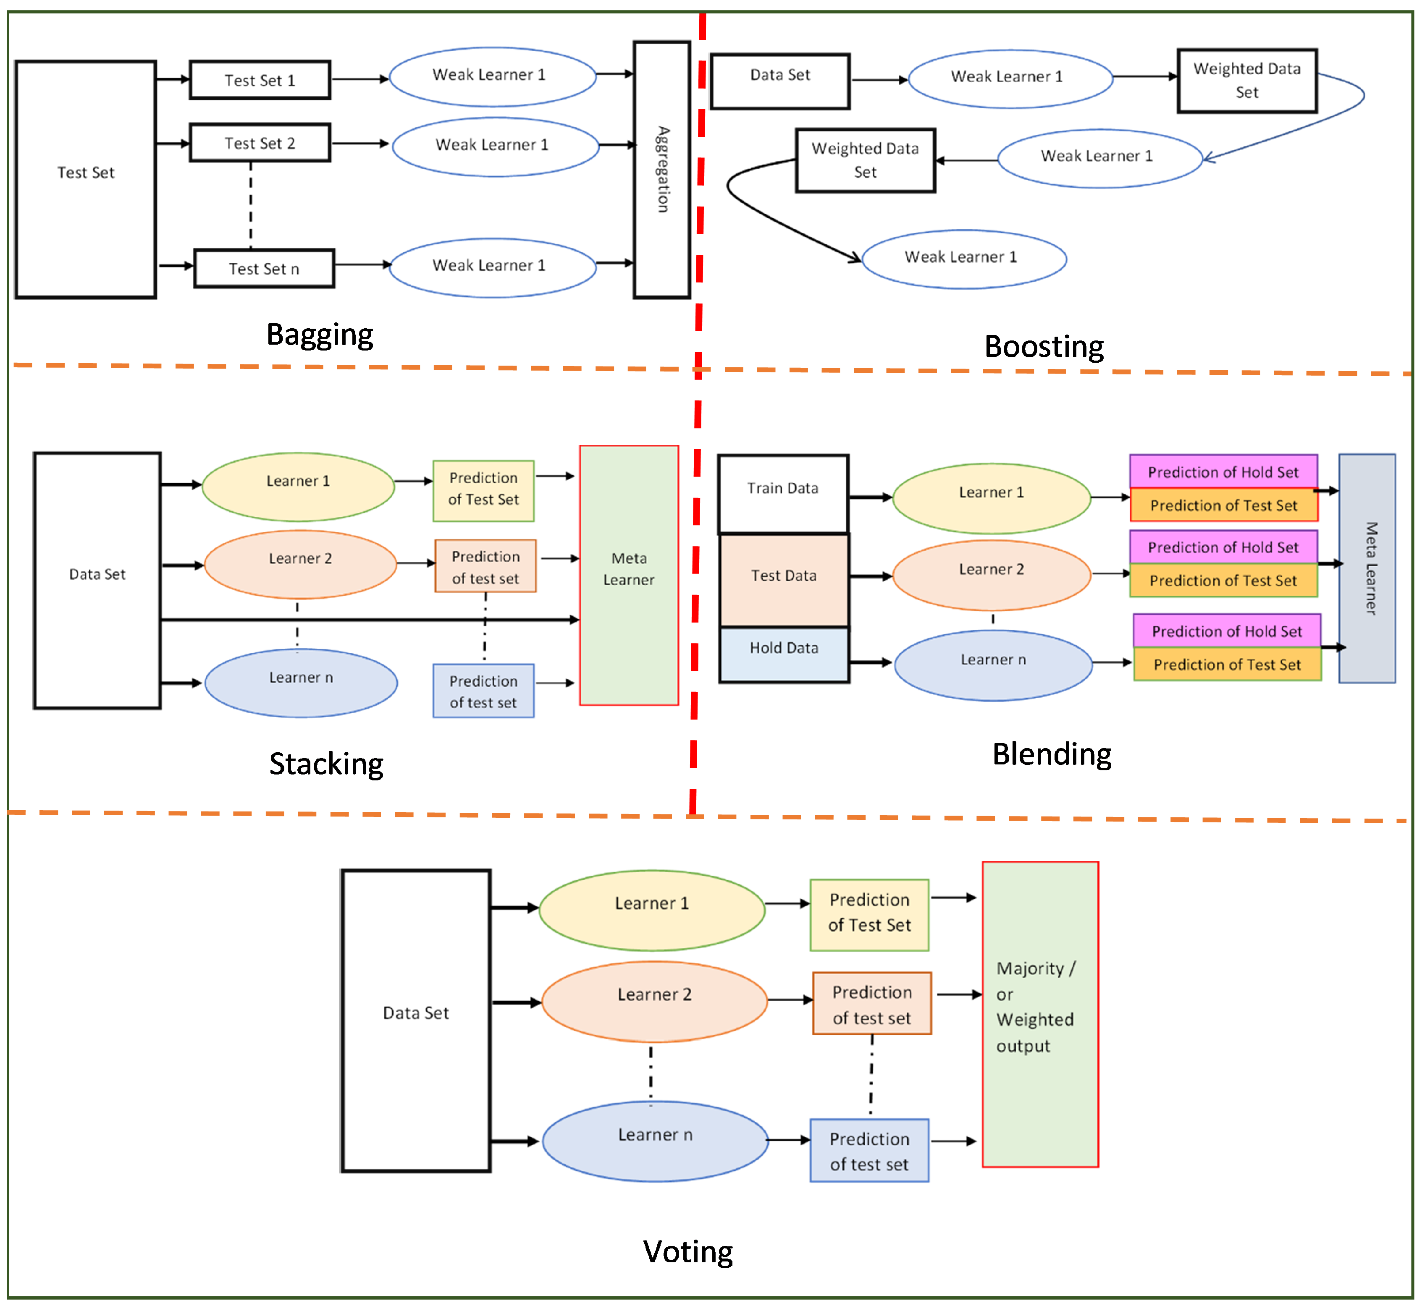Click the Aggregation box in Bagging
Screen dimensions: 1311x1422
tap(661, 170)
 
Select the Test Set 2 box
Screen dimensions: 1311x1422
tap(260, 143)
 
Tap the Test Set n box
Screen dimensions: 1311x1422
tap(264, 269)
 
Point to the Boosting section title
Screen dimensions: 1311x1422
tap(1043, 346)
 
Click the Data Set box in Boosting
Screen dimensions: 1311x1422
tap(780, 81)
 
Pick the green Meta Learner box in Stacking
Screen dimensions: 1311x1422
tap(629, 576)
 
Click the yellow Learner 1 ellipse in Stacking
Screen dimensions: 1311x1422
tap(298, 487)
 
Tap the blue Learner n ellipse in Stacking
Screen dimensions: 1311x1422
tap(301, 683)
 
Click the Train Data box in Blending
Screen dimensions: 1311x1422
tap(783, 494)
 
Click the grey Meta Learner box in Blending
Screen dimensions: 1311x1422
tap(1367, 568)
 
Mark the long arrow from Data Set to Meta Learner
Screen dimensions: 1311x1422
tap(369, 620)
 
